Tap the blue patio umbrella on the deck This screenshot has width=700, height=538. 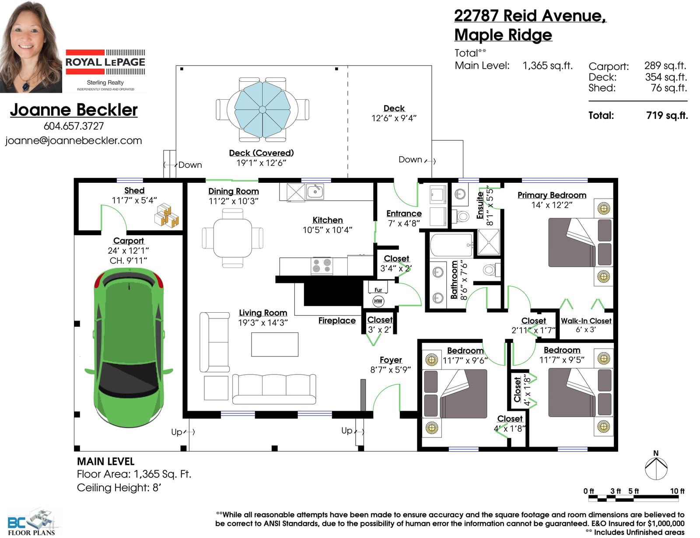coord(262,110)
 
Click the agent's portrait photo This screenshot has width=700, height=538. coord(31,46)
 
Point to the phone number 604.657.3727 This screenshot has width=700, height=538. coord(74,126)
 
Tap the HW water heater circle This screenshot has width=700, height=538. coord(378,301)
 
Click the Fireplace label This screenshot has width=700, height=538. coord(337,321)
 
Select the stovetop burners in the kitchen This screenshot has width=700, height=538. coord(322,266)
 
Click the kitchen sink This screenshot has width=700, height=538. coord(315,192)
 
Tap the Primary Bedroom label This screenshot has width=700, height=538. coord(552,195)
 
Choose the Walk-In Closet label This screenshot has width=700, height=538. coord(586,321)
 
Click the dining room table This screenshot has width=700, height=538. coord(233,238)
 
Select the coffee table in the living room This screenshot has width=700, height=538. coord(275,345)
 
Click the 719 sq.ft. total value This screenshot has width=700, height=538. coord(667,115)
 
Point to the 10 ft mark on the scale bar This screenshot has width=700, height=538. coord(677,491)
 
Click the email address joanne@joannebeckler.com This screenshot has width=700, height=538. coord(73,141)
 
